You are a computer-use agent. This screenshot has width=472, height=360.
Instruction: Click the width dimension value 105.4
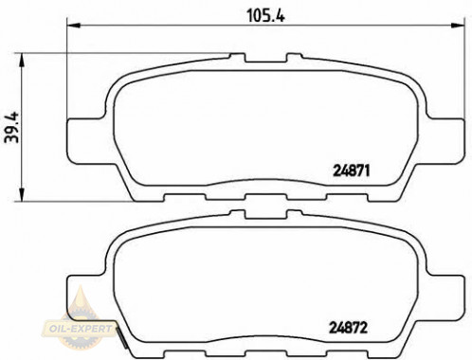265,15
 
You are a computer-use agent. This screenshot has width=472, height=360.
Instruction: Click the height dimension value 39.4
12,127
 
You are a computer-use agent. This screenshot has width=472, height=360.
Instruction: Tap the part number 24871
351,171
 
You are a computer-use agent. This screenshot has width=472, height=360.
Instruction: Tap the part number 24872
348,328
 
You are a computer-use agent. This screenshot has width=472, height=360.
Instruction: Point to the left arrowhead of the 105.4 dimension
74,26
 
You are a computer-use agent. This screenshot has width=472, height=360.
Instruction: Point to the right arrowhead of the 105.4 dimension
458,26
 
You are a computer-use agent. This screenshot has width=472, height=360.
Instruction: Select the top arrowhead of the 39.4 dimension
22,60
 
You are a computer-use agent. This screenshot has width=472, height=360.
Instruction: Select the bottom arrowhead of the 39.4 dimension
22,194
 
